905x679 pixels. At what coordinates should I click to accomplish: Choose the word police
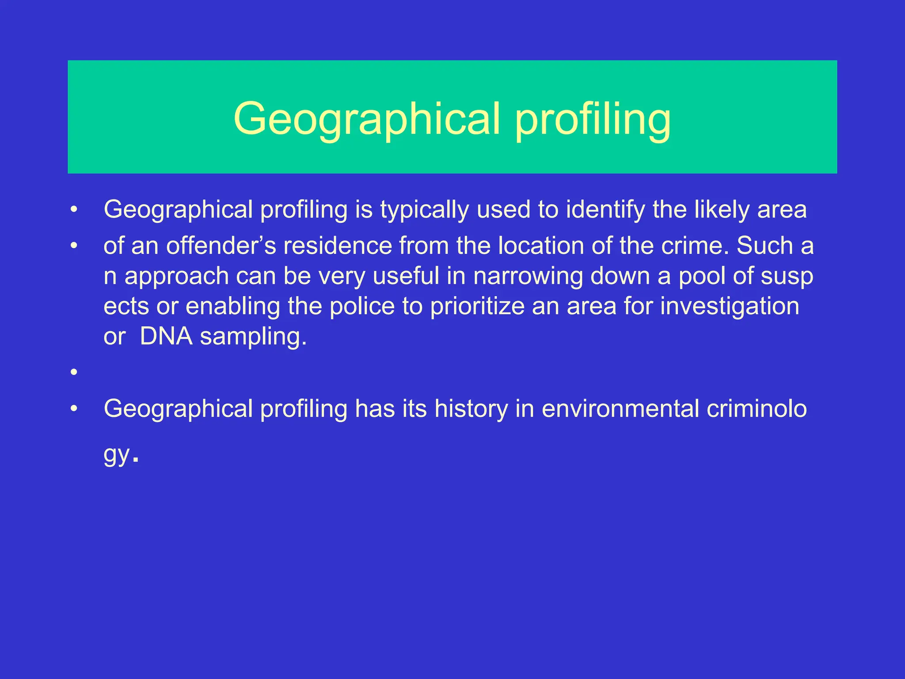tap(362, 306)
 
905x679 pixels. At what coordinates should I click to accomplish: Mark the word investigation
tap(730, 306)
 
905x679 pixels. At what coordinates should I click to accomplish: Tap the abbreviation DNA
tap(166, 336)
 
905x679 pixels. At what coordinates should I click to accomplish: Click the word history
tap(471, 409)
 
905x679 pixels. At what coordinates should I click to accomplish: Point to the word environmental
tap(620, 409)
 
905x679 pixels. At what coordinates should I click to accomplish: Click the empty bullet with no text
tap(74, 372)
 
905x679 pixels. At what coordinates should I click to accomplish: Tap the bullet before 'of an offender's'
tap(74, 246)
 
